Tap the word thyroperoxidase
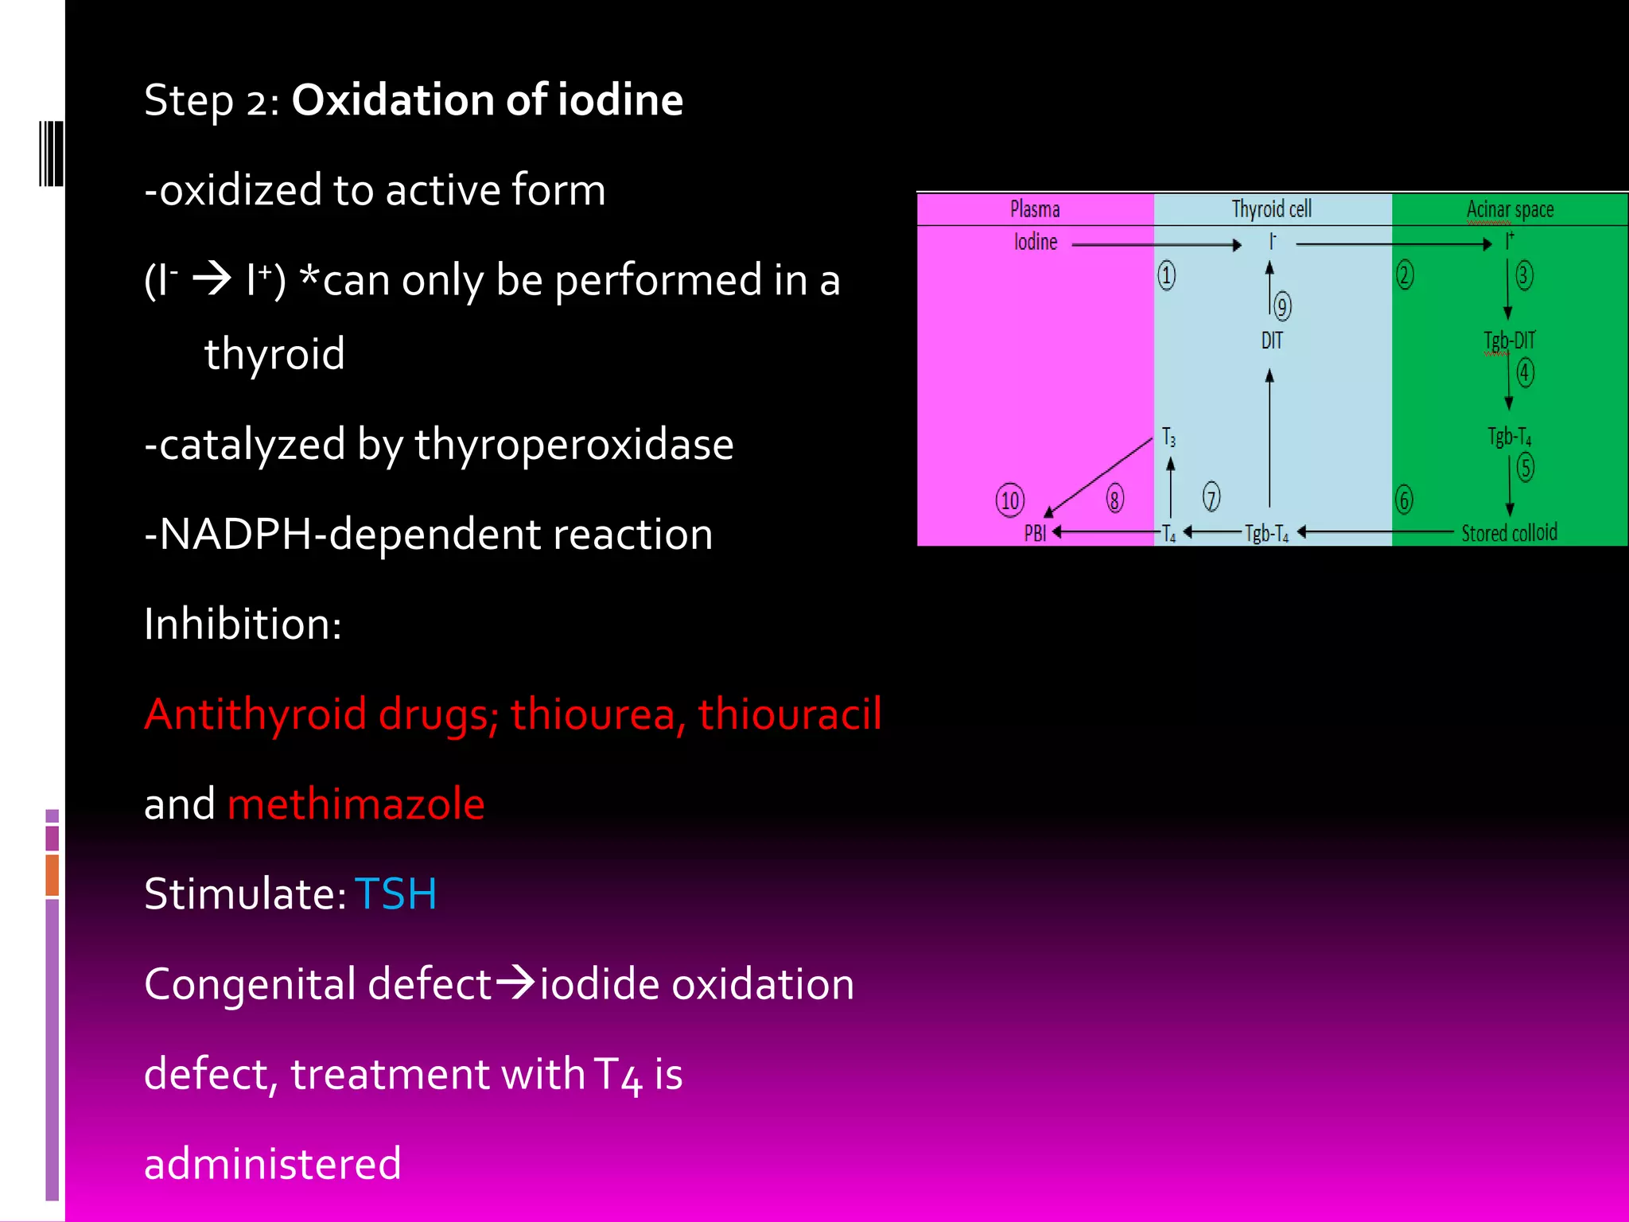click(573, 444)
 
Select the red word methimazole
click(356, 804)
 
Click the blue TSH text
click(395, 893)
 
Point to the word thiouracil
click(789, 714)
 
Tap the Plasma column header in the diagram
click(1035, 209)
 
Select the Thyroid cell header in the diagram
click(1271, 209)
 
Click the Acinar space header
click(1510, 209)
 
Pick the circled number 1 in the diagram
click(1166, 275)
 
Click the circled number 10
click(1010, 500)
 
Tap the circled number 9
click(1282, 306)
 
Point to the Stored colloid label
click(1509, 533)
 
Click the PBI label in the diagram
click(1035, 533)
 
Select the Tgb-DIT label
click(1509, 341)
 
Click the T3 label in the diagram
click(1168, 437)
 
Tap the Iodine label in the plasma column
click(1036, 242)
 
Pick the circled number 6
click(1404, 500)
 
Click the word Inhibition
click(242, 624)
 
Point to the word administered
click(272, 1163)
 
